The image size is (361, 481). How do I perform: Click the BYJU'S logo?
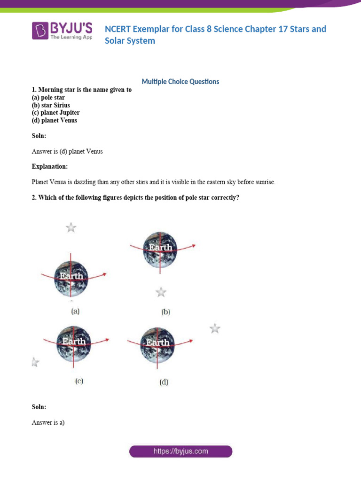tap(62, 31)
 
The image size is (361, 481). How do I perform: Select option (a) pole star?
tap(48, 97)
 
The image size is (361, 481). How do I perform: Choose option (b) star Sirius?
tap(51, 105)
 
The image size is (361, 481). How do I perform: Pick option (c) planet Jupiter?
tap(55, 113)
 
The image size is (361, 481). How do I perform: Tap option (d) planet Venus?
tap(54, 120)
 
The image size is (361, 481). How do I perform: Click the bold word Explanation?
tap(50, 166)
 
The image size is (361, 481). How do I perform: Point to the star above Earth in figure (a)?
tap(71, 228)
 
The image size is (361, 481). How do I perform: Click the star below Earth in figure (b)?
tap(161, 292)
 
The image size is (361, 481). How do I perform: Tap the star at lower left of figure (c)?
tap(35, 362)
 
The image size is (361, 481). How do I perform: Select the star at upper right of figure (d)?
tap(215, 328)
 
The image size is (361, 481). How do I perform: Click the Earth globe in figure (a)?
tap(71, 277)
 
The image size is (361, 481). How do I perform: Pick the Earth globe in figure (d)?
tap(157, 344)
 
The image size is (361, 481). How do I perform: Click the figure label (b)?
tap(165, 312)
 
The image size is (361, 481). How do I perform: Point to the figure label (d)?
tap(163, 382)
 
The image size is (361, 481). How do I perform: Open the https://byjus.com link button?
tap(180, 451)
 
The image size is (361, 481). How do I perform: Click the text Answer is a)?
tap(48, 422)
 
